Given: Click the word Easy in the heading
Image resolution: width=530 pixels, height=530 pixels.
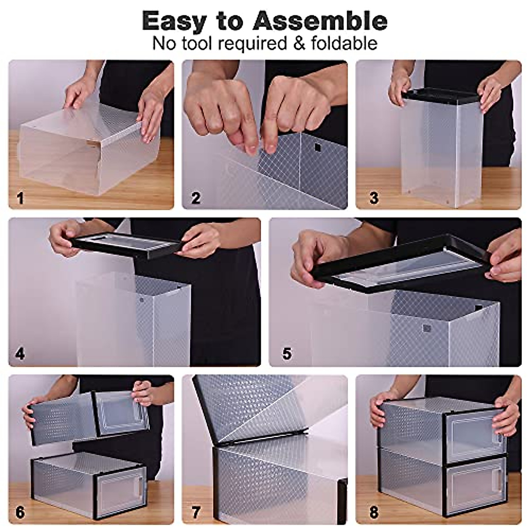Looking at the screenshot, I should pyautogui.click(x=174, y=21).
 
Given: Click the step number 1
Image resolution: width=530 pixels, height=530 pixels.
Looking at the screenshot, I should pyautogui.click(x=20, y=197).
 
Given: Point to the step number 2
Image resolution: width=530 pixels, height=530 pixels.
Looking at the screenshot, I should pyautogui.click(x=195, y=197).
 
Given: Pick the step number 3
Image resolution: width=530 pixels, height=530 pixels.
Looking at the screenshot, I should pyautogui.click(x=374, y=197).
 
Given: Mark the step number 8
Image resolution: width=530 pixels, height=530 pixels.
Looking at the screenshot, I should pyautogui.click(x=374, y=512).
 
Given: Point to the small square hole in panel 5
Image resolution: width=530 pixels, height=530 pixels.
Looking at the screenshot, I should pyautogui.click(x=426, y=329).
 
